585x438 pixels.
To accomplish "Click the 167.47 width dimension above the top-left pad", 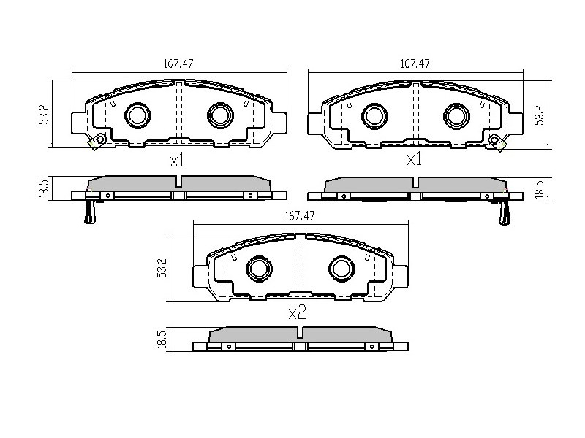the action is pyautogui.click(x=178, y=64).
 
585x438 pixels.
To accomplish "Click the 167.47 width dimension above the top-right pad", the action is pyautogui.click(x=415, y=64).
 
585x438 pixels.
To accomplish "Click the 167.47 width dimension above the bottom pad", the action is pyautogui.click(x=300, y=215).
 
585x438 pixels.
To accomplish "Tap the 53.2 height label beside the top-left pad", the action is pyautogui.click(x=45, y=115).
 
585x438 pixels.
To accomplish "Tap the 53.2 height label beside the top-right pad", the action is pyautogui.click(x=540, y=115).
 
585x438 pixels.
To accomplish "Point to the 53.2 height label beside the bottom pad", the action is pyautogui.click(x=162, y=268).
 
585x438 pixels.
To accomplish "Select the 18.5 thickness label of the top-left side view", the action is pyautogui.click(x=44, y=189).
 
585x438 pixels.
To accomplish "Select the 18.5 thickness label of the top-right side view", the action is pyautogui.click(x=540, y=189).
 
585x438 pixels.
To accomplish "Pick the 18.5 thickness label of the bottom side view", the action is pyautogui.click(x=162, y=339).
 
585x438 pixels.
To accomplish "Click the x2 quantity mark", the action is pyautogui.click(x=298, y=312).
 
